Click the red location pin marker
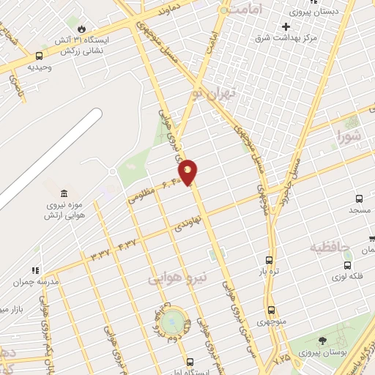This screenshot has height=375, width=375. (x=188, y=171)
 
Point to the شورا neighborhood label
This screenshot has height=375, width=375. (x=349, y=135)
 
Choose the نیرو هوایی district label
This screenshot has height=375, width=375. (x=178, y=278)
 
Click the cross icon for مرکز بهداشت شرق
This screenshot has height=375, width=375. (x=286, y=26)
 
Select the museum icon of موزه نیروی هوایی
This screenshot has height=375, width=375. (x=65, y=193)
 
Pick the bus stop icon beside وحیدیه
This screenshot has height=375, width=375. (x=38, y=55)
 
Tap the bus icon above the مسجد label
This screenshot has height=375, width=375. (x=359, y=198)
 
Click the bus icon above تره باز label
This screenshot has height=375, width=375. (x=270, y=260)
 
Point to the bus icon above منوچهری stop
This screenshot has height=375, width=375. (x=272, y=310)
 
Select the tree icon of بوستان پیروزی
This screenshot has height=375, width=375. (x=322, y=341)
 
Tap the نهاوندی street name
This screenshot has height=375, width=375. (x=185, y=223)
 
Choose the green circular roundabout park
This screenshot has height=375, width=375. (x=173, y=320)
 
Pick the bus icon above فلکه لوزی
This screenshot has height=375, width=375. (x=347, y=265)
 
